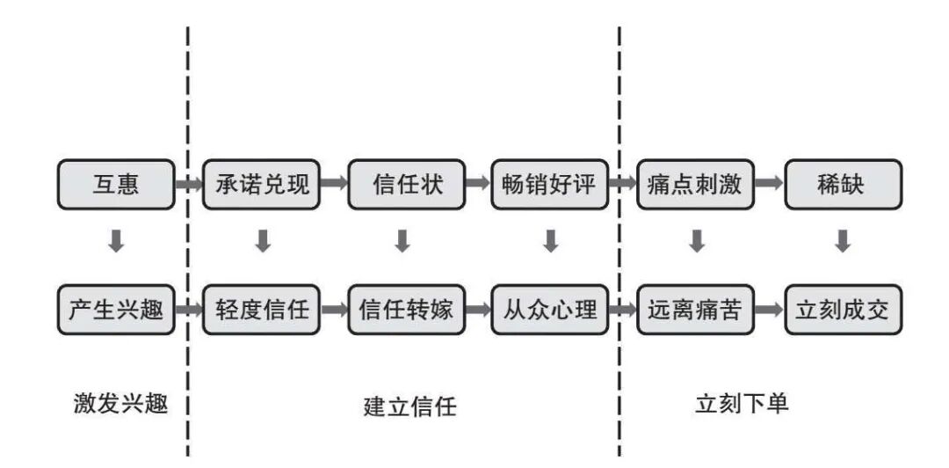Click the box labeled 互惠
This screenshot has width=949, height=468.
click(x=116, y=185)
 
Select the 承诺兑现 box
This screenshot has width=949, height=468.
click(x=261, y=185)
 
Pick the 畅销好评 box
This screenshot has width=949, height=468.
click(x=549, y=185)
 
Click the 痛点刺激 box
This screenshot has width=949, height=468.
click(x=694, y=185)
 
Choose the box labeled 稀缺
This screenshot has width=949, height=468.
click(x=842, y=185)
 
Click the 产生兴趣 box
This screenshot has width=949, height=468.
click(x=116, y=310)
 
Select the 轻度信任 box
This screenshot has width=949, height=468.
click(x=261, y=310)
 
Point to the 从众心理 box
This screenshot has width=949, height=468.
click(x=549, y=310)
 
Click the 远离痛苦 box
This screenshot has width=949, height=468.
click(x=694, y=310)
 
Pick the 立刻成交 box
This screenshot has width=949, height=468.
click(x=842, y=310)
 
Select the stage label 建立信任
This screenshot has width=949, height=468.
click(x=410, y=406)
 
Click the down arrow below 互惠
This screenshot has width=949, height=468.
click(x=116, y=241)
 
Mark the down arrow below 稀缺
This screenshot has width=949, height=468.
click(x=842, y=241)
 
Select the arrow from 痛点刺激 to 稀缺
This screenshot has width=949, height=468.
click(x=768, y=185)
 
